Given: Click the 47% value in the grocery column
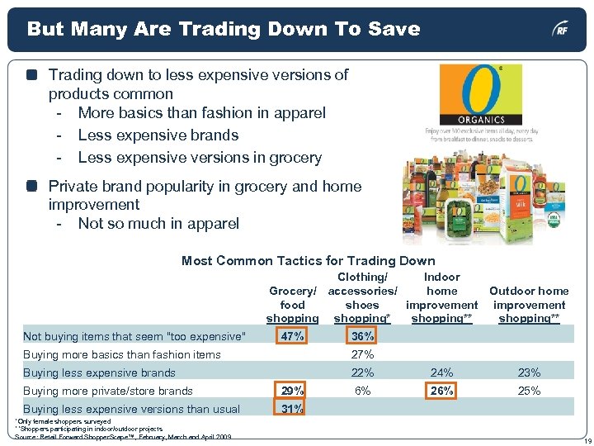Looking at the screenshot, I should [x=292, y=336].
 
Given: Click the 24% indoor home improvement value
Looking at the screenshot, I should [x=442, y=372].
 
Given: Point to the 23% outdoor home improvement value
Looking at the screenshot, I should [x=529, y=372].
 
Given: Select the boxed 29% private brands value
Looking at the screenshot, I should [x=292, y=391].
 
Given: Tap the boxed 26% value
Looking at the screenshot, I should [x=442, y=391].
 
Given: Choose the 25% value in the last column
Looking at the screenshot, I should [x=529, y=391].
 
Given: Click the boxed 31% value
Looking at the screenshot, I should [x=292, y=409].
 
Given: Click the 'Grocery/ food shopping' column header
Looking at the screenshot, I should [x=293, y=305].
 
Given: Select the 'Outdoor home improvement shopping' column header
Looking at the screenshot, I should [x=529, y=305].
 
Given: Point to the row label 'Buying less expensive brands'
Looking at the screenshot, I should [x=99, y=372].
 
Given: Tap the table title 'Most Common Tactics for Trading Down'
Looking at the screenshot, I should [x=308, y=261].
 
